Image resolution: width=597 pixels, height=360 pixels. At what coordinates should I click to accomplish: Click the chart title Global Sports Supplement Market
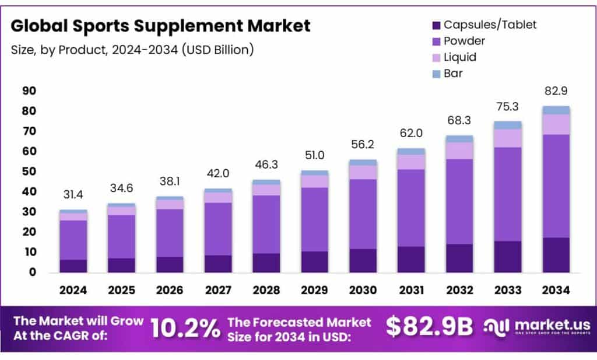(x=160, y=26)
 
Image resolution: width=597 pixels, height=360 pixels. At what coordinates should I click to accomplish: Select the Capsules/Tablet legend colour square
(x=436, y=25)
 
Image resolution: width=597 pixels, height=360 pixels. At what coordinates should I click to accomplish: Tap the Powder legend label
(x=465, y=41)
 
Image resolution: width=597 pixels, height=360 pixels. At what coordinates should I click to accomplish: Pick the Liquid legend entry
(x=460, y=57)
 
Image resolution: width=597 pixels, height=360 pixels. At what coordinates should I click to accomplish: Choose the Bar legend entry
(x=454, y=74)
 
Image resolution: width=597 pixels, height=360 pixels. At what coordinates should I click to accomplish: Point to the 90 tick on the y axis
(x=29, y=91)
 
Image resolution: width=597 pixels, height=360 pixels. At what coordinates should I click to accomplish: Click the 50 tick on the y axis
(x=29, y=172)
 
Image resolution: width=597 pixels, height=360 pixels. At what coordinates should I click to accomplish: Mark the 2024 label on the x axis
(x=73, y=290)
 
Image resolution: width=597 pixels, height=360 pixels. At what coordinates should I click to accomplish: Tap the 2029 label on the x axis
(x=314, y=290)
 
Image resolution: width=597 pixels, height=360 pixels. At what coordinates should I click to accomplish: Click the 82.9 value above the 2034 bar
(x=556, y=91)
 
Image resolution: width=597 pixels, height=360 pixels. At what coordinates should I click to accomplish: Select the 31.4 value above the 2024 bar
(x=73, y=194)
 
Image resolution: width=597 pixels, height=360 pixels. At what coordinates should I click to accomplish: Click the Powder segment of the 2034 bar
(x=556, y=186)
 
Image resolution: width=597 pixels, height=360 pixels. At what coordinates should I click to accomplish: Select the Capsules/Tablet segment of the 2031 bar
(x=411, y=259)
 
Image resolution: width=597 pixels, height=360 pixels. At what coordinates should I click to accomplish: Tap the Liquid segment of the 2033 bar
(x=507, y=138)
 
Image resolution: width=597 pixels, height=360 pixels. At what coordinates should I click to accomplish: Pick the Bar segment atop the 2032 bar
(x=459, y=139)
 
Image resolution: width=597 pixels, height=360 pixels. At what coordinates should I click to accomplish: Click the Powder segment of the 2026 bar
(x=170, y=232)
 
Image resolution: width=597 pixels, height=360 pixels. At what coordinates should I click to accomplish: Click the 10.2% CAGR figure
(x=185, y=328)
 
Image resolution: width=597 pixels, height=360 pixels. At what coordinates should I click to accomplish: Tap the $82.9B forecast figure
(x=429, y=327)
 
